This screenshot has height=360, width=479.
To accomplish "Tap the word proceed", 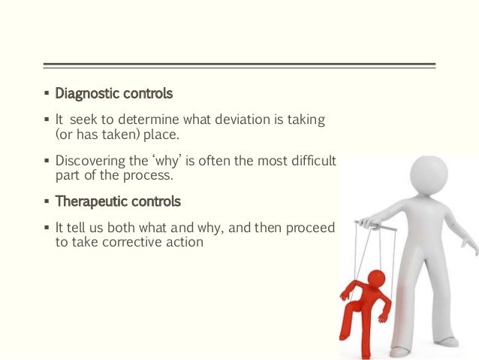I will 309,228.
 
